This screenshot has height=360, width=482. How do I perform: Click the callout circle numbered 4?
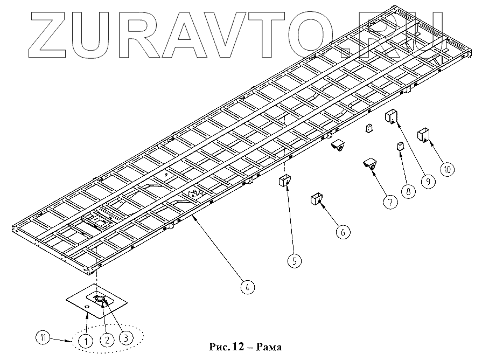[x=246, y=287]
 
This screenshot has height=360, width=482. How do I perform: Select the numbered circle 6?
[x=343, y=232]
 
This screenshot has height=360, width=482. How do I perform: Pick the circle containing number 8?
[x=408, y=190]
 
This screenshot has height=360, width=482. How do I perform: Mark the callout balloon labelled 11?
[x=43, y=338]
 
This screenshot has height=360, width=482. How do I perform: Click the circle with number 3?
[x=125, y=338]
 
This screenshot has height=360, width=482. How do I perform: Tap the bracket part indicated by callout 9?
[x=392, y=116]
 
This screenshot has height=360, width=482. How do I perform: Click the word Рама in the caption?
[x=268, y=346]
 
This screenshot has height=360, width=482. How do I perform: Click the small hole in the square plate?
[x=87, y=307]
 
